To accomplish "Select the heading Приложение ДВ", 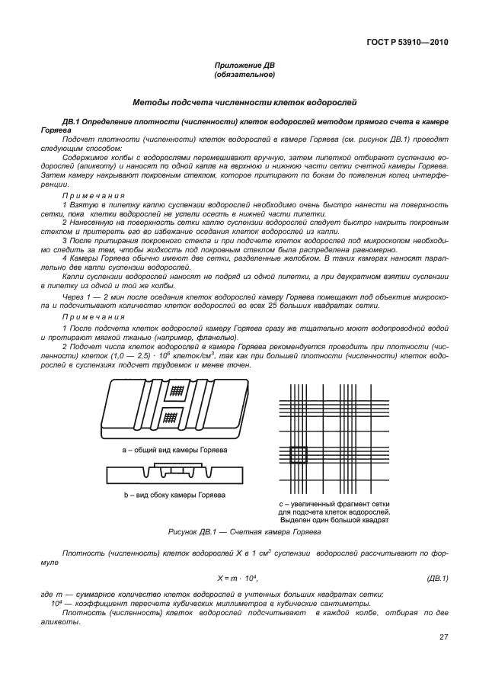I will tap(245, 66).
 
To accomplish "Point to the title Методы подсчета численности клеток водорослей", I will tap(245, 101).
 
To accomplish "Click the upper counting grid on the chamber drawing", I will tap(177, 390).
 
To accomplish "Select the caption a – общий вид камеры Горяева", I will tap(175, 450).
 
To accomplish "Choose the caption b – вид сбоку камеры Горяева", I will tap(175, 495).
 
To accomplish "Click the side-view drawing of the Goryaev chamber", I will tap(175, 473).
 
